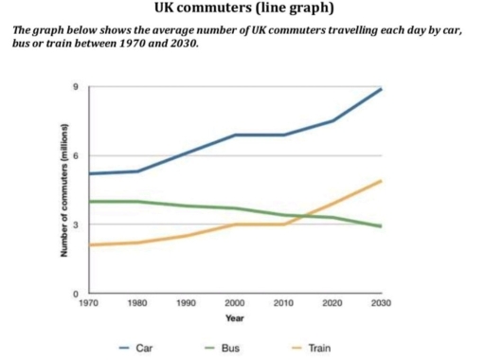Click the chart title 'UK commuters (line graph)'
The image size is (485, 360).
click(242, 9)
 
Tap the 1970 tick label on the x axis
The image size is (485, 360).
click(88, 303)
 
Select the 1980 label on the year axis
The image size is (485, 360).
click(137, 303)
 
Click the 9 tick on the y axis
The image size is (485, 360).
click(78, 87)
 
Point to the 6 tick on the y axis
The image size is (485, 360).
click(78, 155)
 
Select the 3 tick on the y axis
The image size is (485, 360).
click(78, 224)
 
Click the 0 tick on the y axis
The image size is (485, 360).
click(78, 294)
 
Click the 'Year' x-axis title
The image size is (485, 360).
click(234, 318)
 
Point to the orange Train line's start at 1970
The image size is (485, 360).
click(88, 245)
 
